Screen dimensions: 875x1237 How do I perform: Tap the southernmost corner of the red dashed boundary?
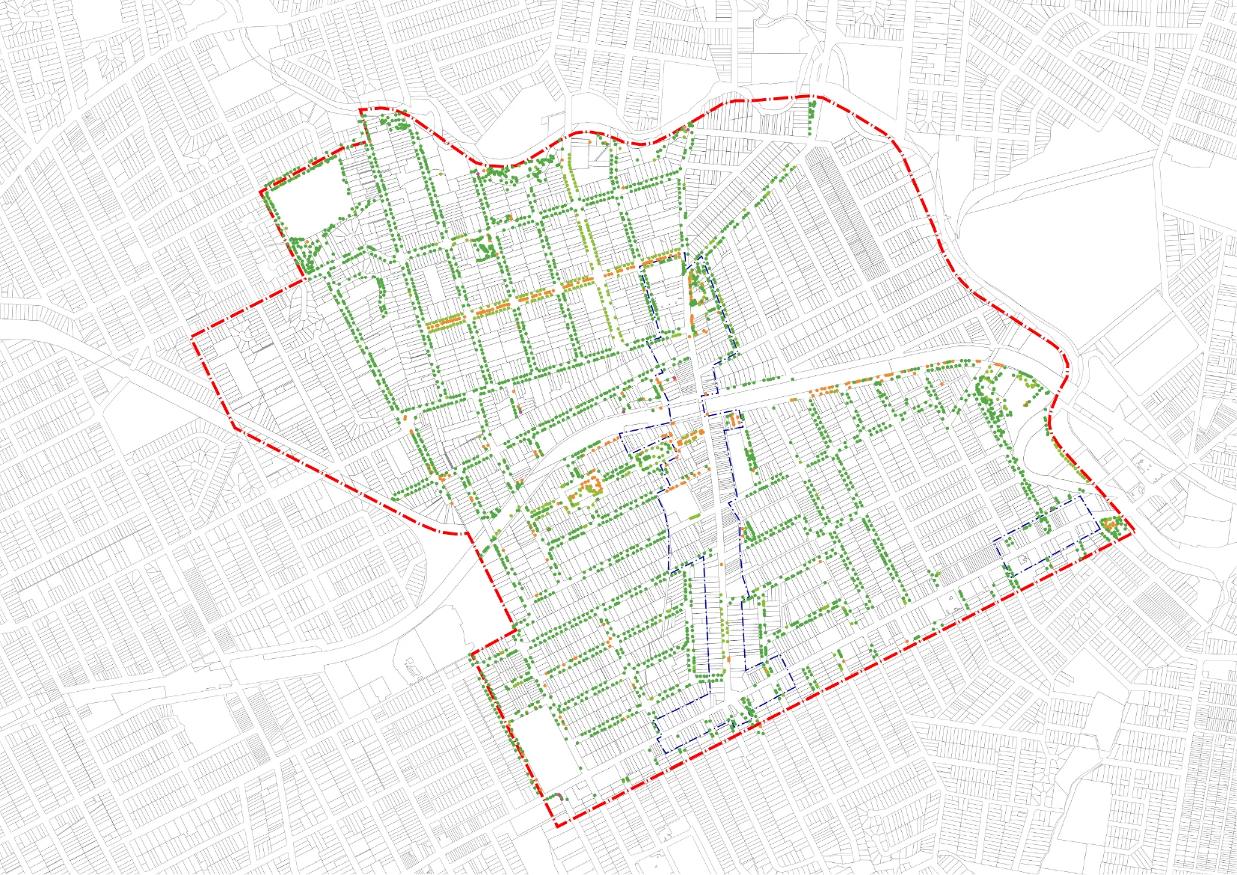(557, 826)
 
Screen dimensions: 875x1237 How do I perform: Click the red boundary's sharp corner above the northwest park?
(360, 111)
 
